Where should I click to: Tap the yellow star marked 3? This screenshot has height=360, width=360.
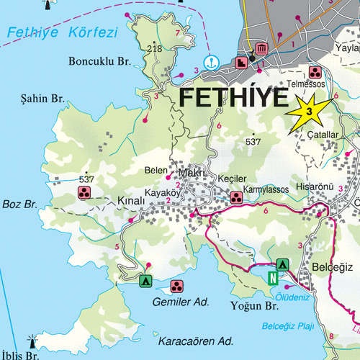point(309,112)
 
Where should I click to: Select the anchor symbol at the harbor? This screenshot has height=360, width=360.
point(211,63)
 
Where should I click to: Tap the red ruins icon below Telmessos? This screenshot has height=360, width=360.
point(315,72)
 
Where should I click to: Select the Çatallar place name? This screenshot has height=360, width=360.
point(322,135)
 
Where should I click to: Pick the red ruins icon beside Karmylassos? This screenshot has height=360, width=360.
point(235,197)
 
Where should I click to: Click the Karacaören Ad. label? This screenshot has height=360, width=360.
point(197,339)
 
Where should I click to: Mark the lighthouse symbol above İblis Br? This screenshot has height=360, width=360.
point(32,341)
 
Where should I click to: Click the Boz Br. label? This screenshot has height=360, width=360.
point(19,205)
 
